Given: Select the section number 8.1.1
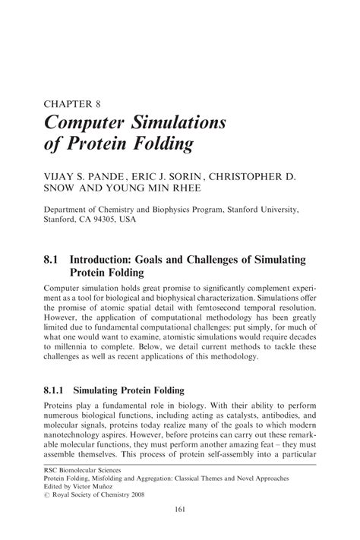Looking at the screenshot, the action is pyautogui.click(x=58, y=391).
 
